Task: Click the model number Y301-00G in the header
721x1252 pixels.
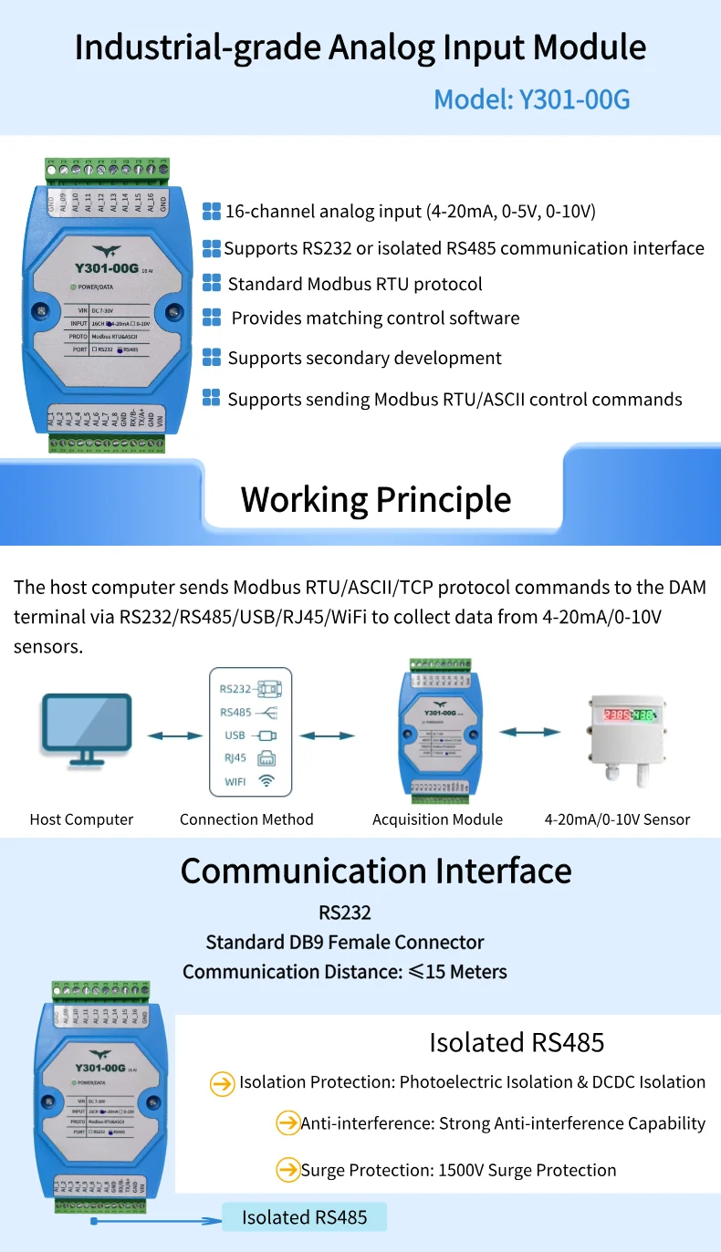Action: [575, 99]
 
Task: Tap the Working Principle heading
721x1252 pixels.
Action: [376, 500]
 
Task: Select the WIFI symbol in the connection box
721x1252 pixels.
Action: [266, 781]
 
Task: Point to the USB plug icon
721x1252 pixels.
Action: [266, 736]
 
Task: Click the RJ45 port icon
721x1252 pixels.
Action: [266, 758]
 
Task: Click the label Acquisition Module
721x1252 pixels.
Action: [437, 819]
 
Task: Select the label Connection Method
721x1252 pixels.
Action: [246, 819]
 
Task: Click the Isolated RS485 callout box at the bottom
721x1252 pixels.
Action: [305, 1217]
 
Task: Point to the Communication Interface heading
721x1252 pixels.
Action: [376, 871]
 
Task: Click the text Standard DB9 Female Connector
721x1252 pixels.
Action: [345, 942]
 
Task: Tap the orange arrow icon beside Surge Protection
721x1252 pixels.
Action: [288, 1170]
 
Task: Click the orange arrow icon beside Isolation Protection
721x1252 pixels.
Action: [223, 1083]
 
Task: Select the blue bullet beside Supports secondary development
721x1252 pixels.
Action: [212, 356]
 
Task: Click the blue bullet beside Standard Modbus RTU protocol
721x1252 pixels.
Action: [212, 283]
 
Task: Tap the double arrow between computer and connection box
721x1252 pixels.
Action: [175, 736]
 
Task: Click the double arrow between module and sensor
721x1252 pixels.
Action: [529, 731]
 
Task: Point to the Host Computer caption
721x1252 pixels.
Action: [81, 819]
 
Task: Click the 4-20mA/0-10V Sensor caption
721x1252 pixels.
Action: [617, 819]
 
